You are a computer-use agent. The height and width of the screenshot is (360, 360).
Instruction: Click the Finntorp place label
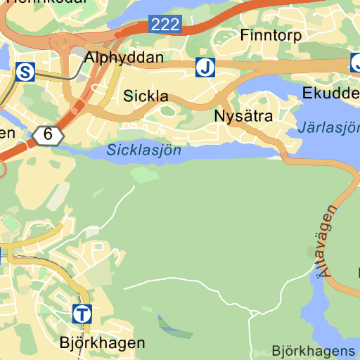tap(271, 34)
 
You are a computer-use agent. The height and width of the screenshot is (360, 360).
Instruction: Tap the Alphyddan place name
tap(124, 58)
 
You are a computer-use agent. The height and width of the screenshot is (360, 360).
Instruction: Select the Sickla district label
tap(147, 96)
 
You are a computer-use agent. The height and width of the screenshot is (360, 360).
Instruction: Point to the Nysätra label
tap(243, 116)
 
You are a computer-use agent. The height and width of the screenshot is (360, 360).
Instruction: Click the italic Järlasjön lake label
tap(328, 128)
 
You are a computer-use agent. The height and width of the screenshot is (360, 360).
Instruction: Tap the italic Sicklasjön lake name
tap(144, 150)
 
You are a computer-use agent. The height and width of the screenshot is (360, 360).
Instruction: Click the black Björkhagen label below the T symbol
tap(102, 343)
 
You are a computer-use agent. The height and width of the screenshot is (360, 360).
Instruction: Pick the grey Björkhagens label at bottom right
tap(314, 350)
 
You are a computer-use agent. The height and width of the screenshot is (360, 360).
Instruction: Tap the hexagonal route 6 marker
tap(47, 134)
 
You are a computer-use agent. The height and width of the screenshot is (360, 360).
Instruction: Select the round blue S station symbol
tap(25, 71)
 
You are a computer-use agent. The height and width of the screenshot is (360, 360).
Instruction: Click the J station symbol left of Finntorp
tap(205, 67)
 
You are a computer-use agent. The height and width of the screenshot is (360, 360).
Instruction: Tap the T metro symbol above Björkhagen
tap(82, 314)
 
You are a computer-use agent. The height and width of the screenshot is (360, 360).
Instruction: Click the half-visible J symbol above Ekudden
tap(355, 64)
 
